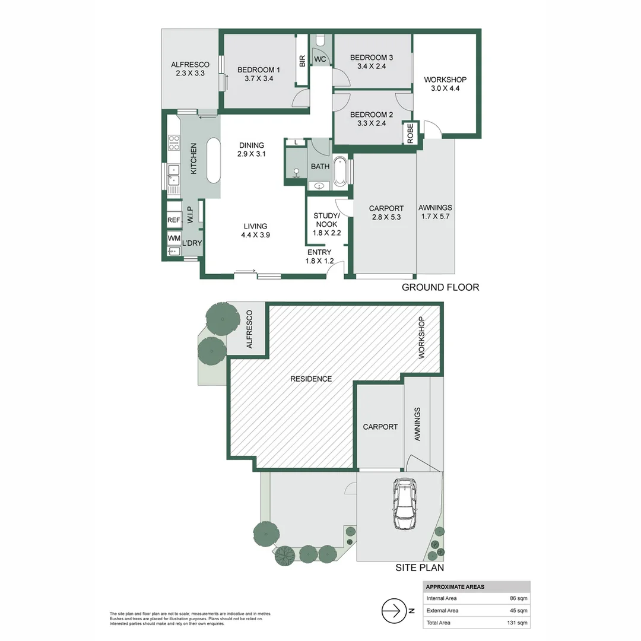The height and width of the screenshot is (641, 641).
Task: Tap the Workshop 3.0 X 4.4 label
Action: click(x=445, y=84)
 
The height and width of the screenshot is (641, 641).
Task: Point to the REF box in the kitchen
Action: click(x=173, y=220)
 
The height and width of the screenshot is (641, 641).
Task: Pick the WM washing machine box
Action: click(x=173, y=239)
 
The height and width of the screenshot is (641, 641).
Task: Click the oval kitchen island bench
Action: click(x=212, y=161)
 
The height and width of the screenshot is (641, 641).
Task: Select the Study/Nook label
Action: click(x=326, y=224)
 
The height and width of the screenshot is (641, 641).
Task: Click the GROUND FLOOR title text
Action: click(x=440, y=287)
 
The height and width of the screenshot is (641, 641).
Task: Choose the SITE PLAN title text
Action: click(x=420, y=568)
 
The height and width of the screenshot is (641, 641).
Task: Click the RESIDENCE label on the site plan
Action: click(x=311, y=379)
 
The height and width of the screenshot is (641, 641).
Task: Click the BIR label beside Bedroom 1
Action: click(x=302, y=61)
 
